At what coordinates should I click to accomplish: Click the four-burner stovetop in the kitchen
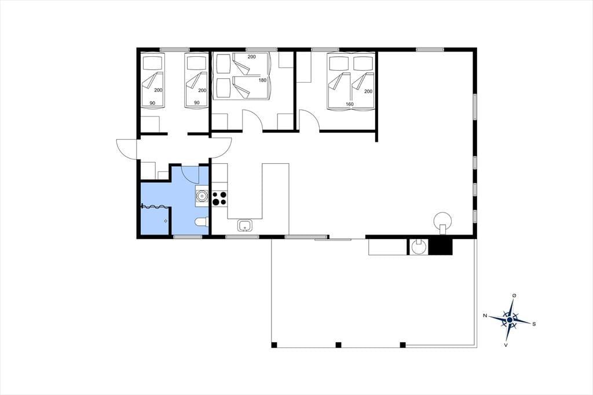(x=219, y=198)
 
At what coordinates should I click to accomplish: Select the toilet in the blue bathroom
(x=202, y=222)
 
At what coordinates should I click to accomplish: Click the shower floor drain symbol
(x=166, y=221)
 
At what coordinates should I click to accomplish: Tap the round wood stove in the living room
(x=442, y=221)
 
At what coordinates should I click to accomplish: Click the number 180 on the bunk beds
(x=263, y=80)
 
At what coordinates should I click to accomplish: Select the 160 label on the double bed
(x=349, y=104)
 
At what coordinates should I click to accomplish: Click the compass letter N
(x=485, y=315)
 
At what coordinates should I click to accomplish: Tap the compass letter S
(x=534, y=324)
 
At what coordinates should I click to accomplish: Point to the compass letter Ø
(x=514, y=295)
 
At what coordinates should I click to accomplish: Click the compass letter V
(x=506, y=345)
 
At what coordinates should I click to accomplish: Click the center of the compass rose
(x=510, y=320)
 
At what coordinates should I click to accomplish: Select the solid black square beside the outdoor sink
(x=442, y=247)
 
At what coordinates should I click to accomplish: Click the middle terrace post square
(x=338, y=345)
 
